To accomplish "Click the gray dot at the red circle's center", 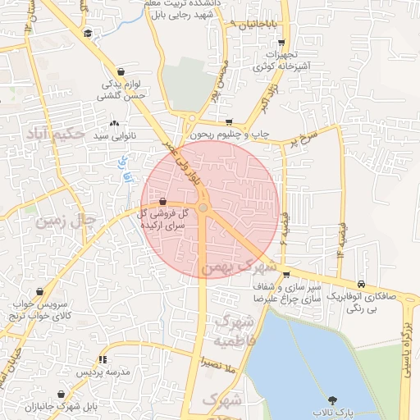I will click(x=203, y=208).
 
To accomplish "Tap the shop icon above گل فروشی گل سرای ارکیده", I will click(x=162, y=201).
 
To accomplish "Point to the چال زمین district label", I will click(x=62, y=220).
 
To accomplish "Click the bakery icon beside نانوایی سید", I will click(x=113, y=123).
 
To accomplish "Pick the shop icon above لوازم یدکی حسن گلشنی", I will click(x=121, y=72).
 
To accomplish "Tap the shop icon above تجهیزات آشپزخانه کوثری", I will click(x=281, y=43).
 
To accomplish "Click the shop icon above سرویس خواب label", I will click(x=40, y=291).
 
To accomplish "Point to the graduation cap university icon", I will click(x=88, y=33).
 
